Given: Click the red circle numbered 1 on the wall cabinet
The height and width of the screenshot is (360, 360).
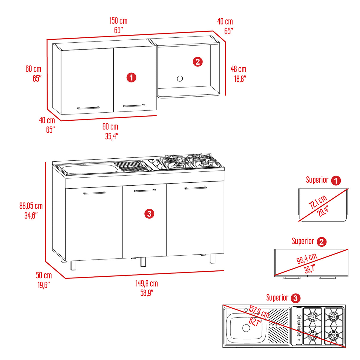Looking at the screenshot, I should click(x=131, y=78).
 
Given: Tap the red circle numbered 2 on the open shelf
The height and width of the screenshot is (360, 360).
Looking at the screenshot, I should click(x=198, y=62).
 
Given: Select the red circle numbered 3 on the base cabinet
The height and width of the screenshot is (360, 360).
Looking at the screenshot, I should click(x=149, y=214).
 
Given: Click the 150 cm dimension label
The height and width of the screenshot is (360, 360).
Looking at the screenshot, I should click(x=118, y=21).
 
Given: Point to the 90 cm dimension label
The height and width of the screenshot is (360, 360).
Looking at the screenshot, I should click(x=110, y=127).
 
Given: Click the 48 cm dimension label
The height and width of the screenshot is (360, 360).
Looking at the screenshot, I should click(x=238, y=69).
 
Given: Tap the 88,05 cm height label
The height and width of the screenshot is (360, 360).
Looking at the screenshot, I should click(x=31, y=206).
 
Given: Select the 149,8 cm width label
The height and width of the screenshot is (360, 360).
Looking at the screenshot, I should click(x=147, y=283).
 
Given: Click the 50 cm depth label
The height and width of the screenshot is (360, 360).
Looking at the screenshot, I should click(x=44, y=275).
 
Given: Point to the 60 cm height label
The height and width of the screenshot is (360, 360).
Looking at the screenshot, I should click(x=33, y=69).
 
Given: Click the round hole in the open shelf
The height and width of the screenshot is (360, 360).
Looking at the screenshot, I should click(x=180, y=79).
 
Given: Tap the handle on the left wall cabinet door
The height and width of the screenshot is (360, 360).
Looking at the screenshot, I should click(x=88, y=108).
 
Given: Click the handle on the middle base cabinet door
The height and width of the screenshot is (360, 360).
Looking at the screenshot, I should click(x=145, y=190).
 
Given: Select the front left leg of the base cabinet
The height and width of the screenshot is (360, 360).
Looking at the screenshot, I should click(x=73, y=265).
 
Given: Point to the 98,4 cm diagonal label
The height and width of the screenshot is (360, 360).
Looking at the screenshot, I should click(x=307, y=259).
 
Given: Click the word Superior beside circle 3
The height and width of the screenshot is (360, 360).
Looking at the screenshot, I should click(x=277, y=298).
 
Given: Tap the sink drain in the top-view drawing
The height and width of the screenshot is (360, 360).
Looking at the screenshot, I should click(x=246, y=328).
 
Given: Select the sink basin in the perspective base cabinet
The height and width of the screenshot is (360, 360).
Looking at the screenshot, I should click(x=89, y=169).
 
